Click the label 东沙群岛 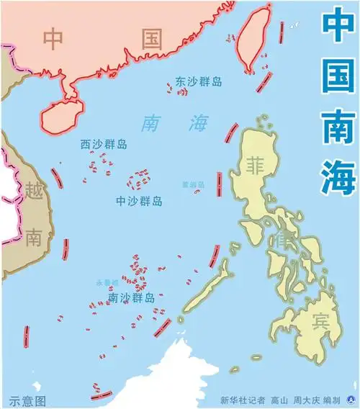pos(199,82)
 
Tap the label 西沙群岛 pos(104,145)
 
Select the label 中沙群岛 pos(139,202)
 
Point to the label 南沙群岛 pos(131,297)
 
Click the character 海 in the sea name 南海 pos(197,123)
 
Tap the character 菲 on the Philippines pos(256,164)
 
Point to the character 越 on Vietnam pos(34,191)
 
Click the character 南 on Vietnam pos(34,238)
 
